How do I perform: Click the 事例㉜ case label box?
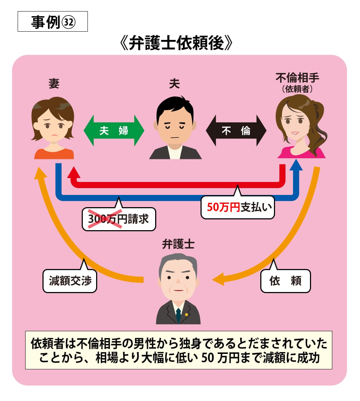click(x=53, y=22)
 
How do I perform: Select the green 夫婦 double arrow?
click(x=114, y=131)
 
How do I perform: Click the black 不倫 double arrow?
click(x=236, y=131)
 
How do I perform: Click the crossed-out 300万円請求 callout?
click(x=119, y=219)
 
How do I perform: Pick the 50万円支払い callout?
click(x=238, y=208)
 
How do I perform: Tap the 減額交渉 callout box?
click(x=70, y=281)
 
